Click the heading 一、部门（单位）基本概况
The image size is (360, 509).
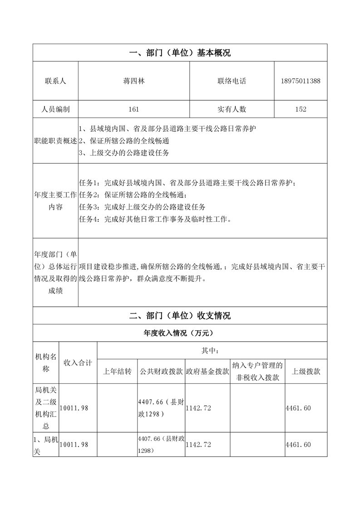[x=180, y=53]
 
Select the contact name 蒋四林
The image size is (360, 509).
[x=134, y=81]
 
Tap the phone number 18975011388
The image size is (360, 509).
[x=301, y=81]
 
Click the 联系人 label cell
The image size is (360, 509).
[x=55, y=81]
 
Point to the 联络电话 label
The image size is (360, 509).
[x=232, y=81]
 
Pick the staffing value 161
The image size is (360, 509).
[x=134, y=109]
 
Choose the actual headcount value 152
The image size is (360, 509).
[x=301, y=109]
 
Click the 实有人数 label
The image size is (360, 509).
[x=232, y=109]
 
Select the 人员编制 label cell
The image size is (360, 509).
[x=55, y=109]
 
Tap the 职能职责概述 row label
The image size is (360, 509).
[x=55, y=141]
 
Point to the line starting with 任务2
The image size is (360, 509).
[x=133, y=195]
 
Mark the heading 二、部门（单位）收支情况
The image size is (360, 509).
[x=180, y=316]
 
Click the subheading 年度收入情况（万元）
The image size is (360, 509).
[x=180, y=333]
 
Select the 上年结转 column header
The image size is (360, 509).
[x=117, y=372]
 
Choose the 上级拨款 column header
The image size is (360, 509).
[x=306, y=372]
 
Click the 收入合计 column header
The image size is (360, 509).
[x=78, y=363]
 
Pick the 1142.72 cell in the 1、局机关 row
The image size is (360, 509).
[x=198, y=445]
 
